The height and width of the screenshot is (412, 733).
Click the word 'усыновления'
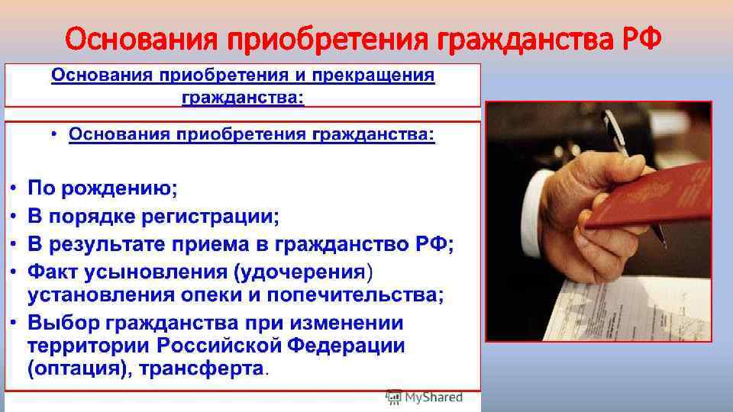(153, 272)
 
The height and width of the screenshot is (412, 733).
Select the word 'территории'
(89, 345)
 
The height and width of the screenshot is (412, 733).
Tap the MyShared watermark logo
(425, 398)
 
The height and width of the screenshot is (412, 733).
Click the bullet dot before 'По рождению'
(15, 188)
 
